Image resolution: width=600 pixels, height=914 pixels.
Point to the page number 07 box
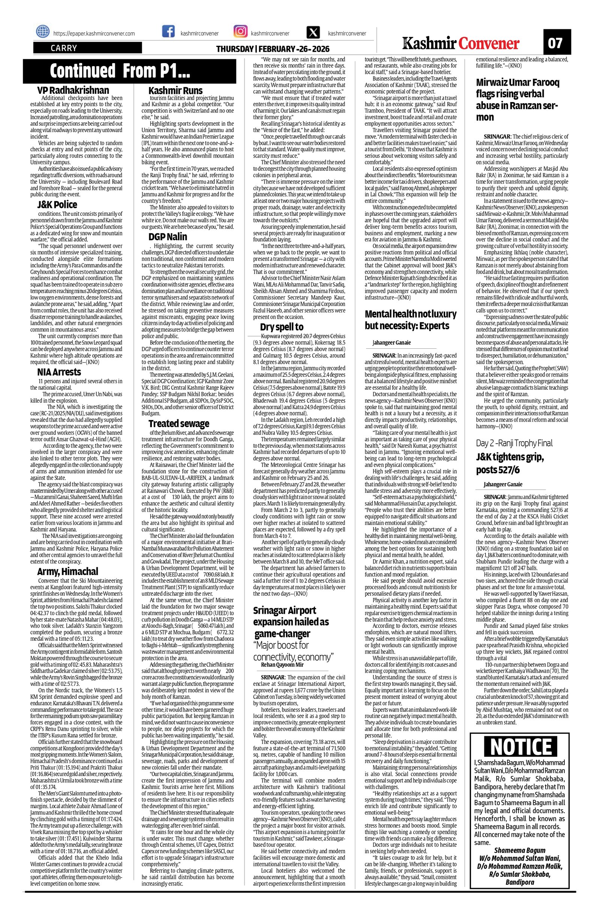coord(557,42)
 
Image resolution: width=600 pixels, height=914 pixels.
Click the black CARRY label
coord(87,48)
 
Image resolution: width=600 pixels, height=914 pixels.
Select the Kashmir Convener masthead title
coord(461,44)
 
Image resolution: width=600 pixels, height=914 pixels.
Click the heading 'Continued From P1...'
coord(120,71)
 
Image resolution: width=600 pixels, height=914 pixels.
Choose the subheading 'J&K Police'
coord(57,204)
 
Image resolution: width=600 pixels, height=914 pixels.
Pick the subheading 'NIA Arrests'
coord(59,372)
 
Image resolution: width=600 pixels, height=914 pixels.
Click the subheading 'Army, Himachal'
coord(67,571)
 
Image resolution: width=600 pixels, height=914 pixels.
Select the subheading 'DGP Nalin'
coord(168,236)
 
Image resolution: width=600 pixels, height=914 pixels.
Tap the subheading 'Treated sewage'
coord(179,423)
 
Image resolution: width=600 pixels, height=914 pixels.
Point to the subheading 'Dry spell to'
coord(282,327)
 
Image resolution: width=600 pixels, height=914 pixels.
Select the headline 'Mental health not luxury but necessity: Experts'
coord(411,319)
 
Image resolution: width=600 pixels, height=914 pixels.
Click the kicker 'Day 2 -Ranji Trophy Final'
coord(514,443)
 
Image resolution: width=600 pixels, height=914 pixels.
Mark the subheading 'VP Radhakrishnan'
coord(73,90)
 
